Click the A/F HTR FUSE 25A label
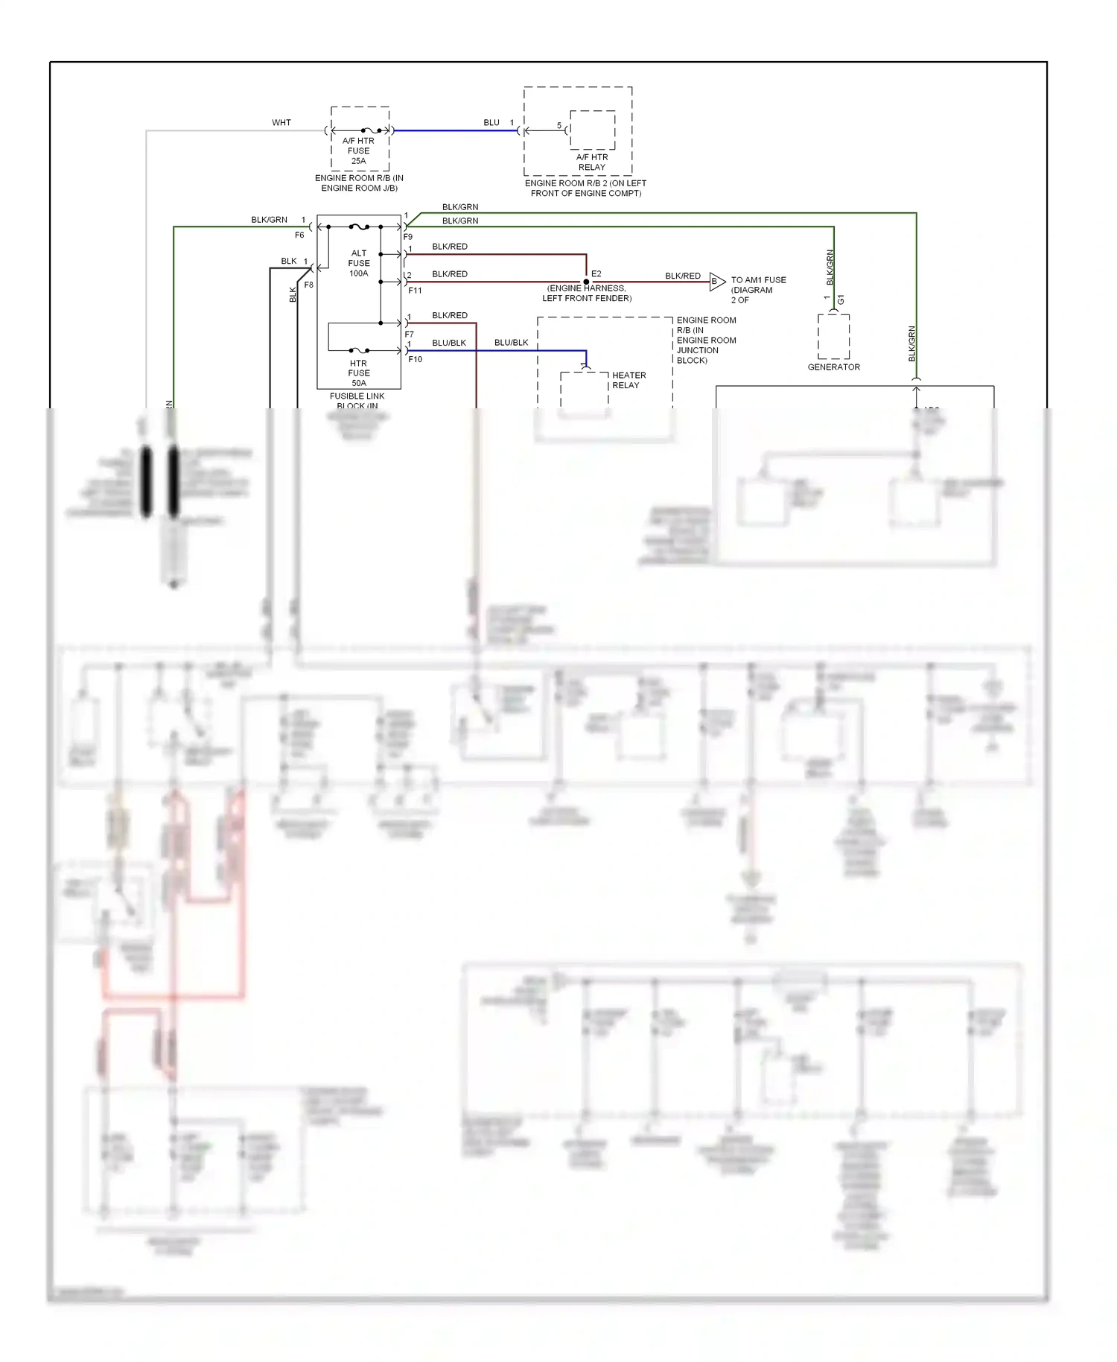(358, 151)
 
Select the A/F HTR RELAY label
(592, 162)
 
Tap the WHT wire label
(281, 122)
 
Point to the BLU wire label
(491, 122)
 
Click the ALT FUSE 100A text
(359, 263)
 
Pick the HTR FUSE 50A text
(358, 373)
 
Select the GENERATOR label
(833, 367)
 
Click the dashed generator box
(833, 337)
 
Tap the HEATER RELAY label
(628, 380)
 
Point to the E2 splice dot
(586, 282)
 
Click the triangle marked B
(716, 282)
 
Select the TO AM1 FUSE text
(758, 280)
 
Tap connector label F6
(299, 235)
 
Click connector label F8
(309, 285)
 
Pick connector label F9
(408, 237)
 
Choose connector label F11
(415, 291)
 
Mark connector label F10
(415, 359)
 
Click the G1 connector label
(841, 300)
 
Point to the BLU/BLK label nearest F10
(449, 343)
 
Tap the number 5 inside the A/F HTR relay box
(559, 125)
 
